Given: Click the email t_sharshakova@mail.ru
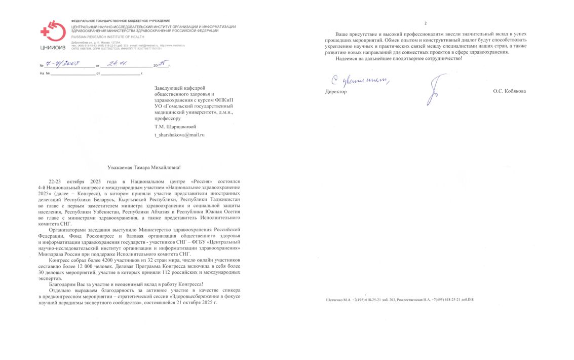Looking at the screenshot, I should point(179,135).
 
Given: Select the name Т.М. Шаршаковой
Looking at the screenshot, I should point(175,126).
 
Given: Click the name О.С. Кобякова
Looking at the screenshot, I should point(509,91).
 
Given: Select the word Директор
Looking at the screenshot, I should point(336,92).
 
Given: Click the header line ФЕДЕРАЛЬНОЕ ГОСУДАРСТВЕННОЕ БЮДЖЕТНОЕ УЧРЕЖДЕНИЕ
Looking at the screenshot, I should point(113,21).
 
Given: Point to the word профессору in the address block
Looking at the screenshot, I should point(167,118).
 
